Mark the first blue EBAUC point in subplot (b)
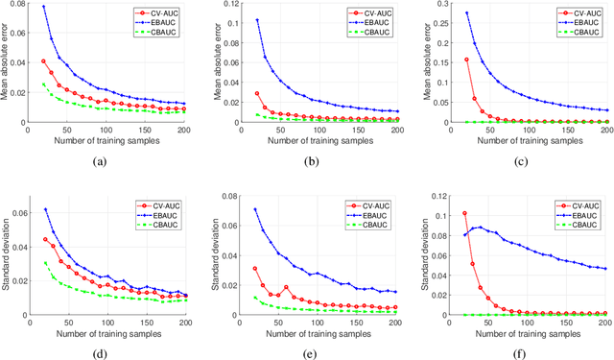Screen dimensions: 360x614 pyautogui.click(x=256, y=20)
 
